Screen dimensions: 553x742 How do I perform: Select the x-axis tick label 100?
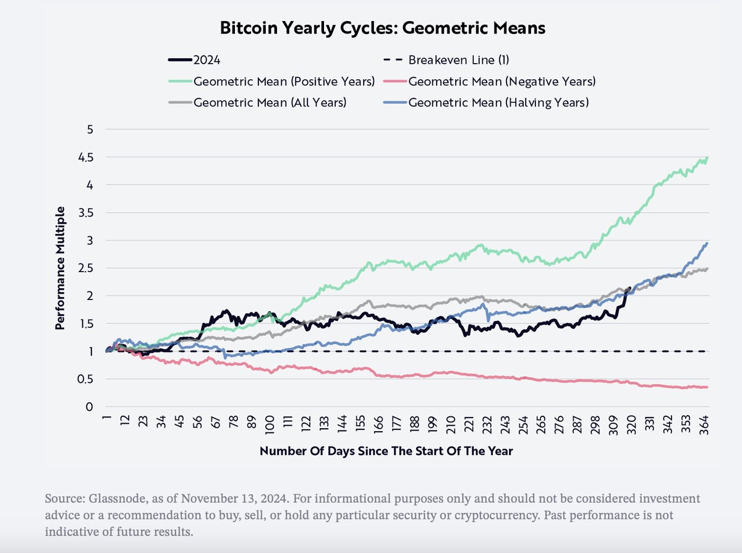(270, 426)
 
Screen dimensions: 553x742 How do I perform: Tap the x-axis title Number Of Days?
(386, 451)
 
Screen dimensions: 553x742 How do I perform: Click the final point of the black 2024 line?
(629, 288)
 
